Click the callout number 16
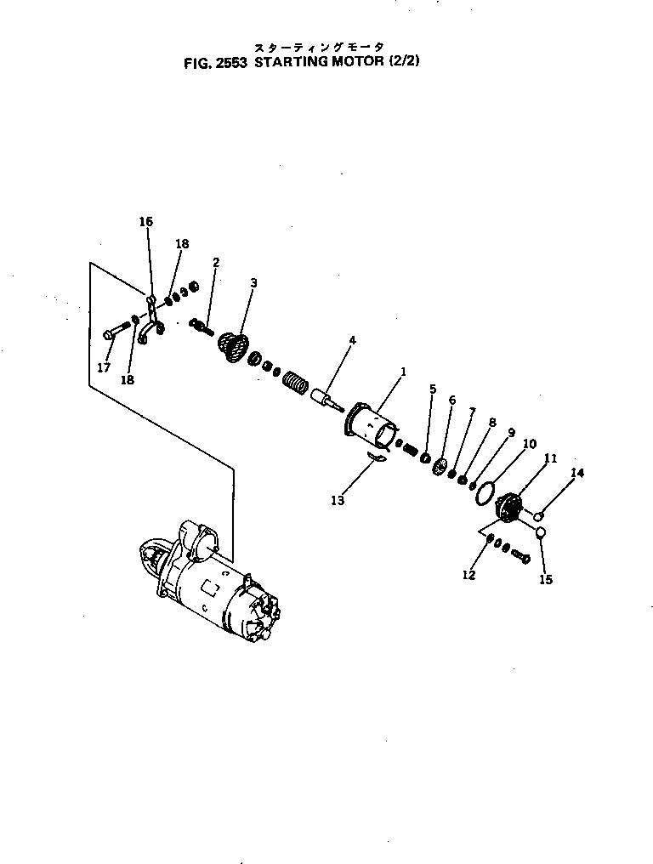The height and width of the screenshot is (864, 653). coord(145,221)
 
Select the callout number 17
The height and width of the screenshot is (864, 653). coord(104,367)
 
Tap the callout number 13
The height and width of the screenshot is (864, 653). coord(338,500)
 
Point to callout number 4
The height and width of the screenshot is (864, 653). coord(352,340)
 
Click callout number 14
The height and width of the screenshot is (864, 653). coord(577,473)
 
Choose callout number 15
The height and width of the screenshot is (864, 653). coord(546,580)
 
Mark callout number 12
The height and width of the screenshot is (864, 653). coord(468,575)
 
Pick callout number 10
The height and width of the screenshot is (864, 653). coord(529,443)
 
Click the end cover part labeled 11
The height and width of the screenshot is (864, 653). coord(509,510)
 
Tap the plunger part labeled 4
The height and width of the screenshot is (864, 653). coord(324,398)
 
